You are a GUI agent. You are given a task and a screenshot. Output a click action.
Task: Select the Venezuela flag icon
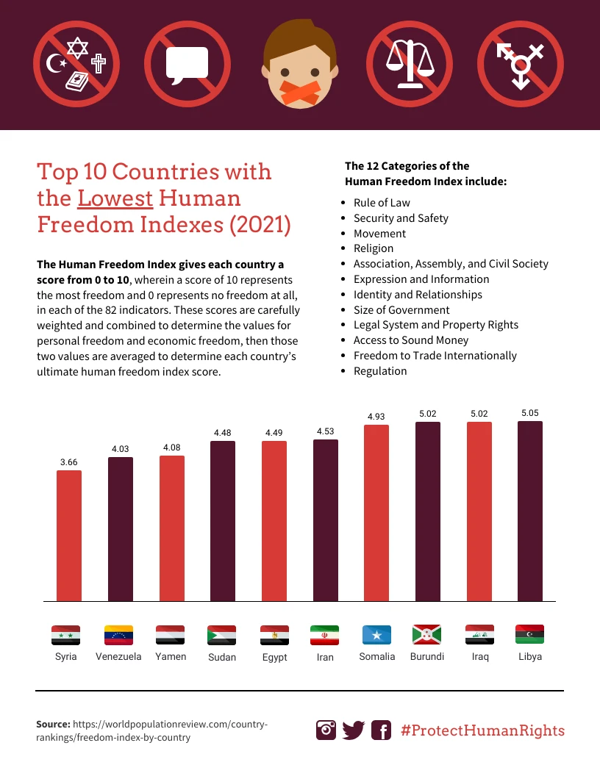[118, 635]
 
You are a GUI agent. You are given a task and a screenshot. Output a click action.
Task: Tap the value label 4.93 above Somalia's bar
[376, 417]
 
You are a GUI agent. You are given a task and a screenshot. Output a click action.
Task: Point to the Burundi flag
[426, 634]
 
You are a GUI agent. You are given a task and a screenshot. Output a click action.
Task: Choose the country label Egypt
[274, 657]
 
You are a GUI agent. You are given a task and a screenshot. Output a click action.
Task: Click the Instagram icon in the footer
[326, 730]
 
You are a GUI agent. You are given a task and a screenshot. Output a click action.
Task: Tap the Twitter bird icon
[354, 730]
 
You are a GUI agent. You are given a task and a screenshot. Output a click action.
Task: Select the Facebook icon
[381, 730]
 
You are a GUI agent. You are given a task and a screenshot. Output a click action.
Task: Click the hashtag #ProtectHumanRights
[482, 730]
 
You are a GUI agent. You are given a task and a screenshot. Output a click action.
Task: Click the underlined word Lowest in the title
[115, 198]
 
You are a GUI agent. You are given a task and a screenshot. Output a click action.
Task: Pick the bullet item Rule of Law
[382, 203]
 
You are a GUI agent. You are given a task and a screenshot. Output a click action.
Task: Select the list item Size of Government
[401, 310]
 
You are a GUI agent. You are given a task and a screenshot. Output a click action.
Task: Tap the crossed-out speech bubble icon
[187, 63]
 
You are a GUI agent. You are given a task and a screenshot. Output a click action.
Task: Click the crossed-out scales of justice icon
[410, 63]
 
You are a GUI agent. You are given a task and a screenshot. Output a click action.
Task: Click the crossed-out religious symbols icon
[76, 63]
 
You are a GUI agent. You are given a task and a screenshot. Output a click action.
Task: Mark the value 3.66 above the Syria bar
[69, 462]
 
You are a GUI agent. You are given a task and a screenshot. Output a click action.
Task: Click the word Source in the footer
[53, 725]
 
